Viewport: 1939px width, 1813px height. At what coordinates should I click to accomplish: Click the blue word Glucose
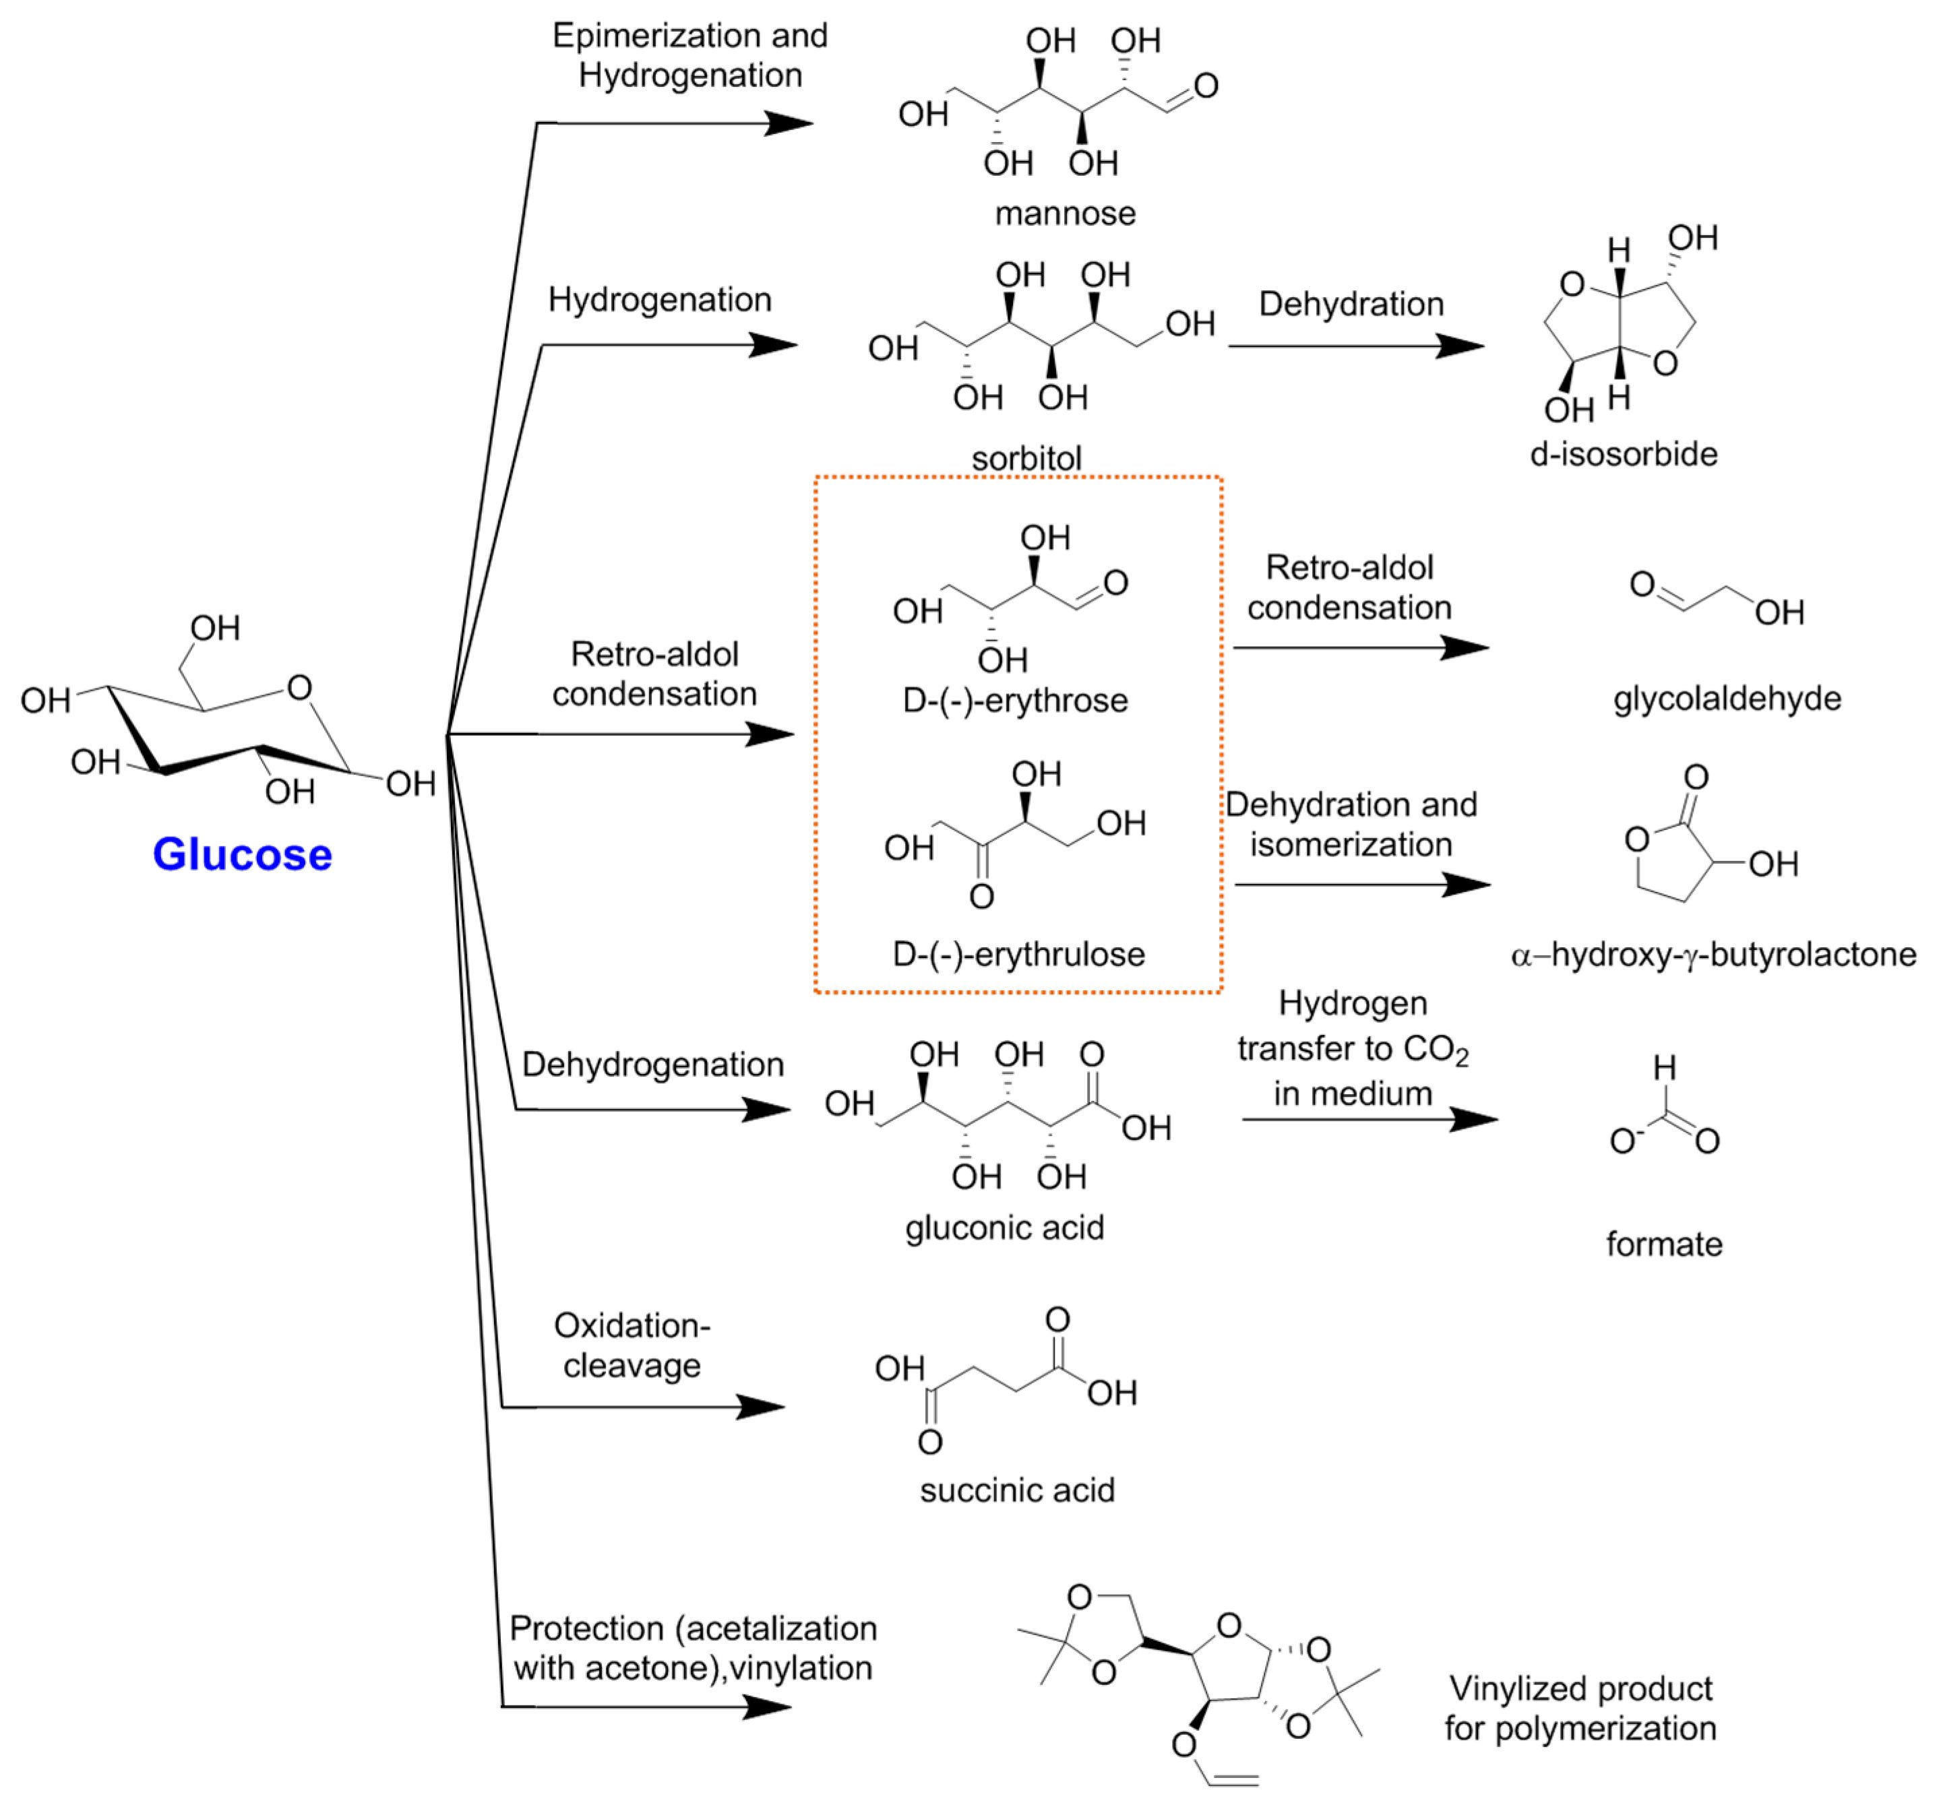(242, 854)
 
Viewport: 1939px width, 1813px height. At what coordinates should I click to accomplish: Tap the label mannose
(1065, 213)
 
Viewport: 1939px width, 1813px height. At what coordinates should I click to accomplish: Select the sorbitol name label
(1026, 457)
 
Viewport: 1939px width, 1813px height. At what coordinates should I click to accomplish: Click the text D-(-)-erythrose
(1014, 700)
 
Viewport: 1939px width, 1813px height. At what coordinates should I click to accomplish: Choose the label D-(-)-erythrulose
(1018, 954)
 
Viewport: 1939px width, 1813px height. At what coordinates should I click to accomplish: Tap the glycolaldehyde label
(1727, 698)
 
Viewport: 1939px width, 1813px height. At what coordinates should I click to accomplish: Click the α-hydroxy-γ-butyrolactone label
(1713, 954)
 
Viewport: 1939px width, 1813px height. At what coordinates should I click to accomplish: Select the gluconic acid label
(1005, 1227)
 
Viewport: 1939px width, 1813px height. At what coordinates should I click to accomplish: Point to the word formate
(1664, 1244)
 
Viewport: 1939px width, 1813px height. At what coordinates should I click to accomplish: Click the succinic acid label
(1016, 1490)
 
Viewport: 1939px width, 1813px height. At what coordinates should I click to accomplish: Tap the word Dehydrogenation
(652, 1064)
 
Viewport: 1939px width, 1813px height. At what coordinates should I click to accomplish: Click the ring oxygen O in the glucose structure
(299, 688)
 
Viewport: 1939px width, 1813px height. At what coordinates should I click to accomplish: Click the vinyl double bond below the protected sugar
(1233, 1780)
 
